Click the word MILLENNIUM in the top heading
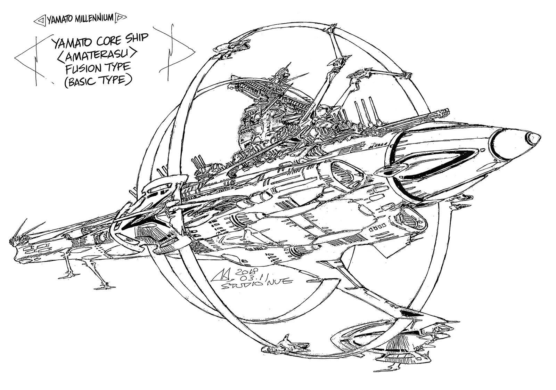pyautogui.click(x=93, y=18)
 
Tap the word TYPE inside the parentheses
pyautogui.click(x=114, y=80)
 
